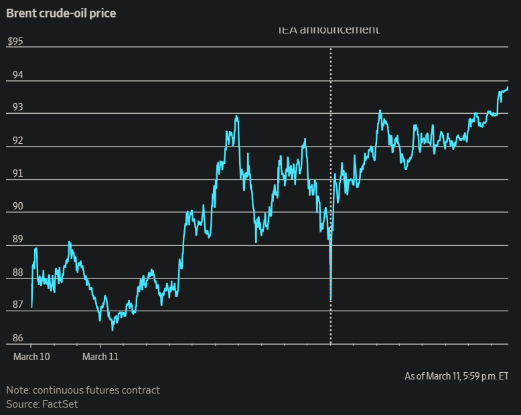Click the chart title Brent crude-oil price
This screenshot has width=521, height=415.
[x=61, y=13]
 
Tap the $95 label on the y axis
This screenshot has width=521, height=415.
[x=15, y=41]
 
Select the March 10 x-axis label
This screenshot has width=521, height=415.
[x=31, y=357]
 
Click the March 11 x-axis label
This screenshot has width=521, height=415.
[x=100, y=357]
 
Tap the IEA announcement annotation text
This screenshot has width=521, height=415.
[x=329, y=29]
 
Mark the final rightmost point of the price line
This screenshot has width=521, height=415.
[x=508, y=87]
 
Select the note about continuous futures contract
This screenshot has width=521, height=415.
[x=83, y=390]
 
